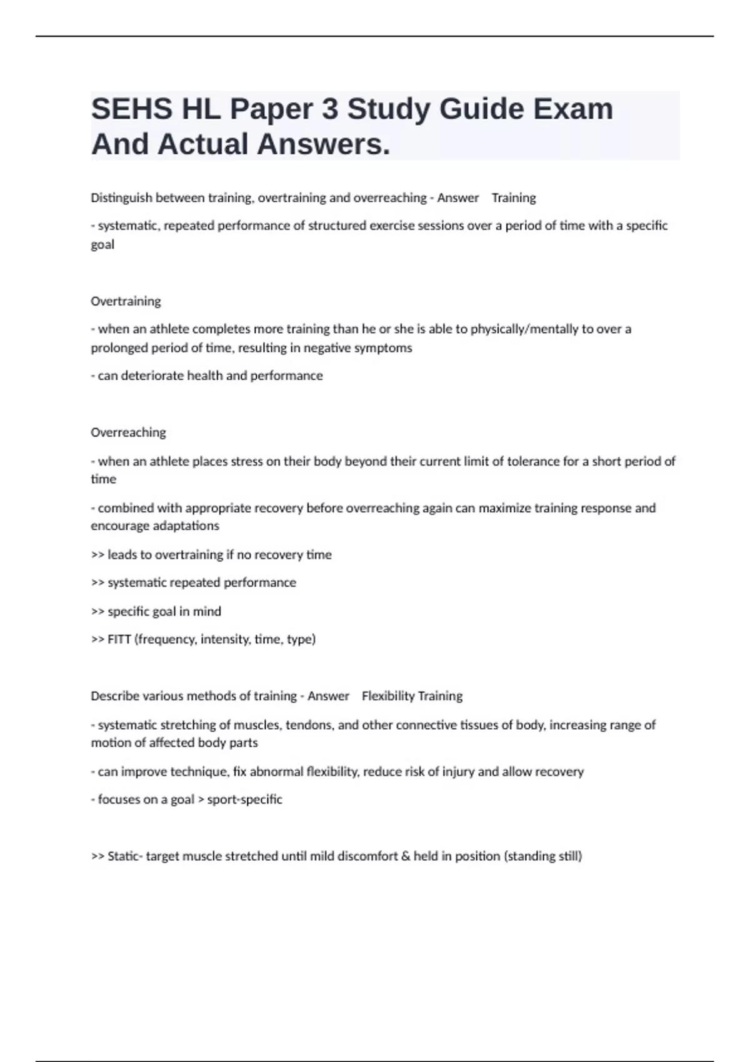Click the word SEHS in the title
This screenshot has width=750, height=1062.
(x=131, y=109)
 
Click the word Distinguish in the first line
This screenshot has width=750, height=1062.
(x=121, y=198)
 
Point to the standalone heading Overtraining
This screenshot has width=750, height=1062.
(x=126, y=301)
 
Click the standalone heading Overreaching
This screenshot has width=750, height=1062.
(x=128, y=432)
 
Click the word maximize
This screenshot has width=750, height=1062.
(x=504, y=508)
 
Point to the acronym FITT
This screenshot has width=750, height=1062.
(x=119, y=639)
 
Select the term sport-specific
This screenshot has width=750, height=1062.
(x=244, y=800)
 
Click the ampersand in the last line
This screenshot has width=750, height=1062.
(x=406, y=856)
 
